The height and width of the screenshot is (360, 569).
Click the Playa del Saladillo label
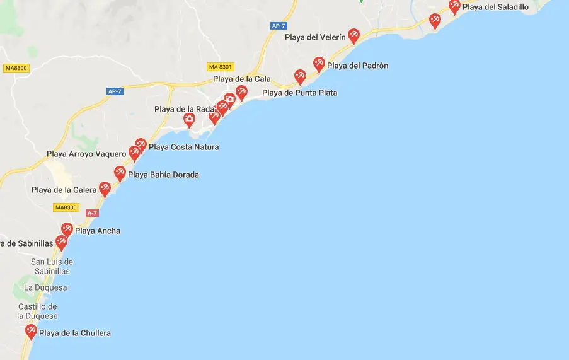[495, 7]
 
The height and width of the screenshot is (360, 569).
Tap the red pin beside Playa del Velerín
[353, 35]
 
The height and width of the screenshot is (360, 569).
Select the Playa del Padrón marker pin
[319, 64]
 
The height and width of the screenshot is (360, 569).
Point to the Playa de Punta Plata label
[299, 93]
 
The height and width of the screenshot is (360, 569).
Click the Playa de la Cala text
[241, 79]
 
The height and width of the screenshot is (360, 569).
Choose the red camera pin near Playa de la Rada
[189, 119]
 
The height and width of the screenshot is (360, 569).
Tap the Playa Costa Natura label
[183, 147]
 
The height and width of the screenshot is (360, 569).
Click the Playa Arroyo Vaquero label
[86, 154]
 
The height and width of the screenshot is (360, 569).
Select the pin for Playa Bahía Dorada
[120, 173]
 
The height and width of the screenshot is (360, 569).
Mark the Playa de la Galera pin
[105, 189]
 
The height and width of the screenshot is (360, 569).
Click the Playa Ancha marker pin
[67, 229]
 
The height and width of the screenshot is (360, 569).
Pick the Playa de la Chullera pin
[31, 331]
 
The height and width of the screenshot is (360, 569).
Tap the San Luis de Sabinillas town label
[52, 266]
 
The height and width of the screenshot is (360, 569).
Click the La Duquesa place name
[45, 287]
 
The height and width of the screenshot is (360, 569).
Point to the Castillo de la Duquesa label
[38, 311]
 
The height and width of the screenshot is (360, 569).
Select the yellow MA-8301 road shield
[221, 67]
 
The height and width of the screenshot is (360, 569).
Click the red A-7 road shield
[92, 213]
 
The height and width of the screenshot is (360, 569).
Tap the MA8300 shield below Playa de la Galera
[66, 207]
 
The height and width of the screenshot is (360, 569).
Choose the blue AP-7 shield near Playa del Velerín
[278, 26]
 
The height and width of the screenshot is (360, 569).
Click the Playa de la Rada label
[185, 109]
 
